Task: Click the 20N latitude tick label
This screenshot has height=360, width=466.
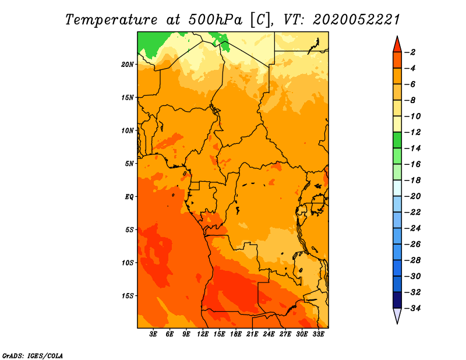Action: point(128,65)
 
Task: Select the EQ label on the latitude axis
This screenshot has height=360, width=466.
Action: point(129,197)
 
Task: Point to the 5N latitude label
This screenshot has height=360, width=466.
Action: point(129,164)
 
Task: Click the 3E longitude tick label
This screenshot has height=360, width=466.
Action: point(153,334)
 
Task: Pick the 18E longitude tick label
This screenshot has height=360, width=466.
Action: point(236,334)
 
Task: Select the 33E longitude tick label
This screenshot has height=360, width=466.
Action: point(318,334)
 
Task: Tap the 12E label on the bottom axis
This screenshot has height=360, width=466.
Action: point(203,334)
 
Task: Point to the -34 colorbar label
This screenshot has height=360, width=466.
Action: point(413,308)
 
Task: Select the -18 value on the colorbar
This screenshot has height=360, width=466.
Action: point(413,181)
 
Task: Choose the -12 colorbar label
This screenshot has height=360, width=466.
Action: point(413,132)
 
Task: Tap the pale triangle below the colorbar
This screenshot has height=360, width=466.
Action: point(397,315)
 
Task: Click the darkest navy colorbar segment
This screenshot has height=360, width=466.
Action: point(397,300)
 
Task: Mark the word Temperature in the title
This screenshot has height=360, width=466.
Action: point(111,20)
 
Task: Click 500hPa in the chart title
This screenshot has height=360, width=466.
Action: point(216,20)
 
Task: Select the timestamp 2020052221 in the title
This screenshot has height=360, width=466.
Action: point(356,20)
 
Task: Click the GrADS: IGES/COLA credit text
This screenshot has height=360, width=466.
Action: point(33,356)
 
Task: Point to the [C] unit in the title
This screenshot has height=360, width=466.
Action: point(260,20)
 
